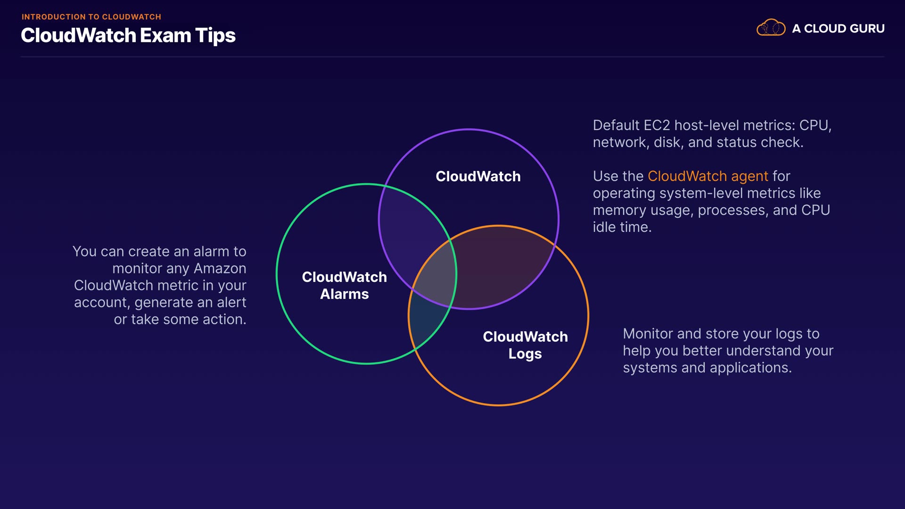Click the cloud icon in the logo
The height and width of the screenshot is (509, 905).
771,28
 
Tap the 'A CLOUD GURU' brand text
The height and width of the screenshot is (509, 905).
838,29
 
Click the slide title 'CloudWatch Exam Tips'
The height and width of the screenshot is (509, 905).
128,36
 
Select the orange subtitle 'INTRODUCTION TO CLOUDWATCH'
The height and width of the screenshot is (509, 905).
91,17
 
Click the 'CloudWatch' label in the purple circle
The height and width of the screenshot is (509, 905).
478,176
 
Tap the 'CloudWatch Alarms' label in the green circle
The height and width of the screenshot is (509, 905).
344,285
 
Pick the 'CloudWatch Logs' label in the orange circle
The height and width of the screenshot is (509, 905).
525,345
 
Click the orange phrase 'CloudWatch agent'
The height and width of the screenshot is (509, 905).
708,176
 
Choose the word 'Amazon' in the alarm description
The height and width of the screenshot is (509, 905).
220,269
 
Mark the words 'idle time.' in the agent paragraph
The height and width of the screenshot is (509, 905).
622,227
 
